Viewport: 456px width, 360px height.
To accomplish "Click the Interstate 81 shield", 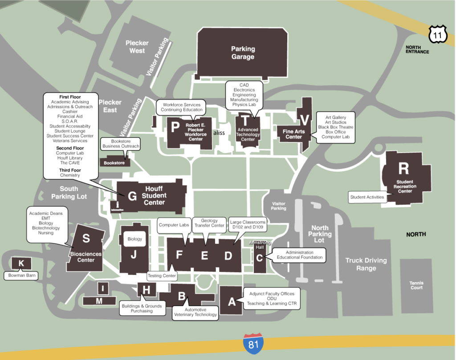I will tap(253, 343).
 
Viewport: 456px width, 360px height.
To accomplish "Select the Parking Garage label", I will tap(243, 53).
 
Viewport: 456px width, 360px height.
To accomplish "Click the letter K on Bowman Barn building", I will tap(21, 263).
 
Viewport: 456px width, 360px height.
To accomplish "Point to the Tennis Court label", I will tap(416, 285).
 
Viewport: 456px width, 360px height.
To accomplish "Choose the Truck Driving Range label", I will tap(366, 264).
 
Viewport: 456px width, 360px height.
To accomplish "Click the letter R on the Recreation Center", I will tap(403, 169).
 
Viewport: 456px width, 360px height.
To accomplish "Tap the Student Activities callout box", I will tap(367, 197).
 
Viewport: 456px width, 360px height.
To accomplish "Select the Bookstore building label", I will tap(114, 163).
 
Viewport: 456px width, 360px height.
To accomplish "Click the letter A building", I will tap(232, 302).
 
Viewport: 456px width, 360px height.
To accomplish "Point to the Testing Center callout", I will tap(162, 276).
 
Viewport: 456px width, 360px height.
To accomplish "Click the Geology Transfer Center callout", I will tap(209, 223).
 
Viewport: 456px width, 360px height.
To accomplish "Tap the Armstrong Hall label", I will tap(257, 245).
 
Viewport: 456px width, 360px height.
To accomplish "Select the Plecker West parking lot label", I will tap(137, 47).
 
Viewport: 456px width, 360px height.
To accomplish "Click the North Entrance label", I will tap(417, 49).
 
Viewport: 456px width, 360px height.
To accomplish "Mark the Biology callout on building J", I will tap(134, 239).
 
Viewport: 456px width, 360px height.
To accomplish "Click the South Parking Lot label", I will tap(69, 193).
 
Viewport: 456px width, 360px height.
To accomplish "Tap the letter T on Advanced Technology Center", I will tap(245, 120).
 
